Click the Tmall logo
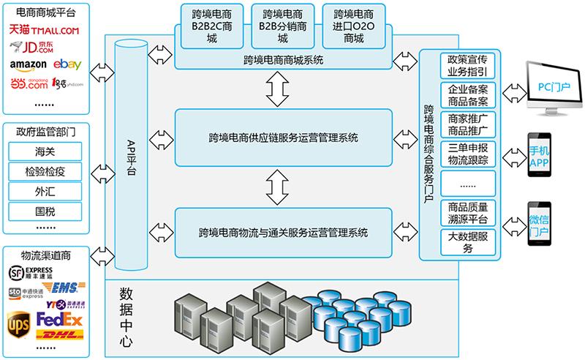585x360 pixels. coord(45,30)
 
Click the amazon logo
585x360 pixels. coord(29,65)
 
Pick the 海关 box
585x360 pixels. coord(45,152)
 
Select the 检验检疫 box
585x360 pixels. coord(45,172)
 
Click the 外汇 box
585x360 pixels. coord(45,192)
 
